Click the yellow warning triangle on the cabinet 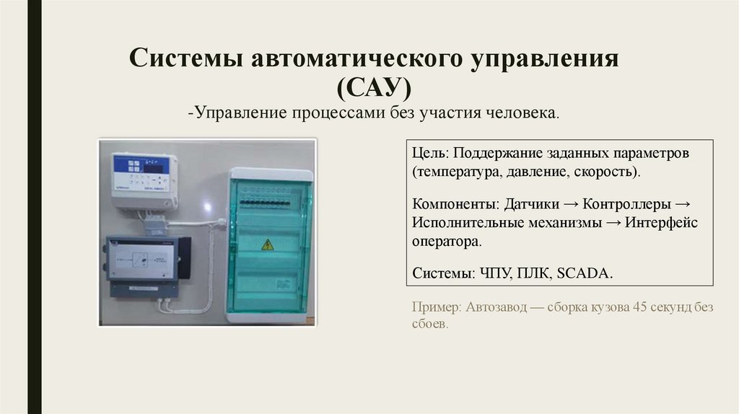point(268,245)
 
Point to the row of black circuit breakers point(268,203)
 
